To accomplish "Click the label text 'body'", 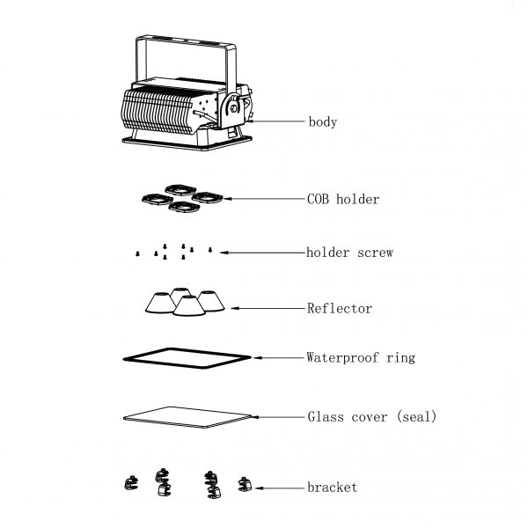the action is pyautogui.click(x=323, y=122).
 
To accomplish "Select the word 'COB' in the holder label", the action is pyautogui.click(x=318, y=199).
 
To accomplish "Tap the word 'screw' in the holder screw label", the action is pyautogui.click(x=375, y=253).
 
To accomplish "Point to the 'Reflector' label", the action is pyautogui.click(x=340, y=309).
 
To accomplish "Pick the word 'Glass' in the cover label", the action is pyautogui.click(x=326, y=417).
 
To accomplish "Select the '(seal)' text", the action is pyautogui.click(x=416, y=417).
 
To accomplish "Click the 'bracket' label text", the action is pyautogui.click(x=333, y=488).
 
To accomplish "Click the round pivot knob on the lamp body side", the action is pyautogui.click(x=233, y=108).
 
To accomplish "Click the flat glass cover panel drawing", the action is pyautogui.click(x=187, y=417).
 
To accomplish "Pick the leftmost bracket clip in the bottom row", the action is pyautogui.click(x=131, y=483).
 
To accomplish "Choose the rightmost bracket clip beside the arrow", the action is pyautogui.click(x=245, y=485).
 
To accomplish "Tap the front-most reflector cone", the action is pyautogui.click(x=189, y=306).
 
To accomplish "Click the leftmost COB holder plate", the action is pyautogui.click(x=158, y=200).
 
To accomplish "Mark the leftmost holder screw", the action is pyautogui.click(x=137, y=253).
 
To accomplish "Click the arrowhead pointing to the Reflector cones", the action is pyautogui.click(x=234, y=308).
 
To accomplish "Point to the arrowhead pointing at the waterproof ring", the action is pyautogui.click(x=257, y=357).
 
